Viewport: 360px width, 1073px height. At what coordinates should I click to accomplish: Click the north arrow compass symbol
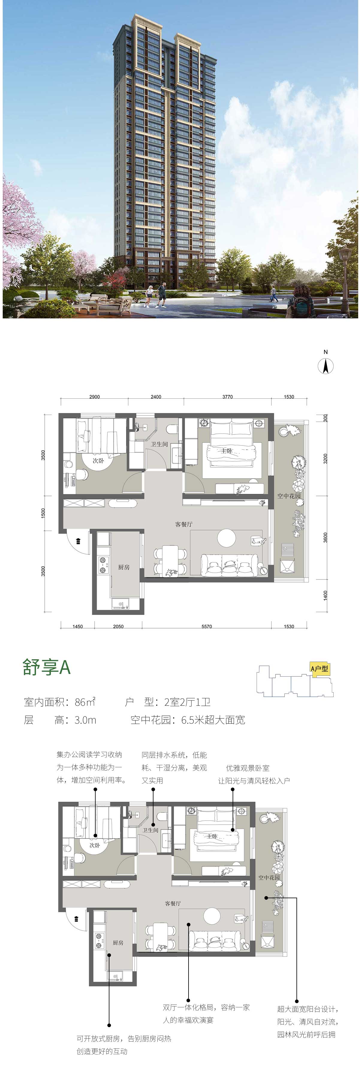(326, 366)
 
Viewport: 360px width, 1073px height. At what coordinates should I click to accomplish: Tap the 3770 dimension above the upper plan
(228, 397)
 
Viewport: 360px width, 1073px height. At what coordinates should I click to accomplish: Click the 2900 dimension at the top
(95, 397)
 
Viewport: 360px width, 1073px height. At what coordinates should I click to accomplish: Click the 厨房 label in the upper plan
(124, 567)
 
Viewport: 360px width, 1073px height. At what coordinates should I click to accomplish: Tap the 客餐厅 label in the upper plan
(184, 524)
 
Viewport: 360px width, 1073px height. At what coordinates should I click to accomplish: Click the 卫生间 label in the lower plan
(150, 830)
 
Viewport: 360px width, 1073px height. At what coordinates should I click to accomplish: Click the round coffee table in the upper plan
(226, 538)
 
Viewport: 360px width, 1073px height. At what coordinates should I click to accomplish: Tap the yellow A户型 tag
(320, 669)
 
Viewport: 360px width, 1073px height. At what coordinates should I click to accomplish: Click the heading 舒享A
(47, 667)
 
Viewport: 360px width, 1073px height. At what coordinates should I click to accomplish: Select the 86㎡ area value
(85, 702)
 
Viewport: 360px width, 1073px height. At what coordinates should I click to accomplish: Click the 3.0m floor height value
(85, 720)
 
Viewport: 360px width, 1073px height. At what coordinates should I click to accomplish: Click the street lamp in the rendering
(345, 280)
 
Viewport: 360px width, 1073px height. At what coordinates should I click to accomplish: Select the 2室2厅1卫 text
(188, 702)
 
